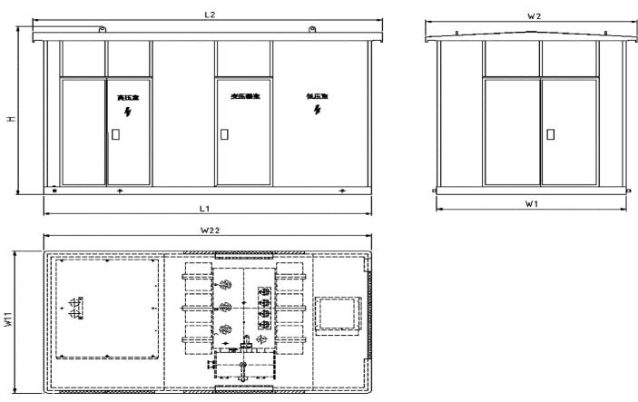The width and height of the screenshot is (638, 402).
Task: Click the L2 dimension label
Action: (x=210, y=15)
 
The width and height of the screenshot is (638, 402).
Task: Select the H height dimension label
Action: (x=10, y=119)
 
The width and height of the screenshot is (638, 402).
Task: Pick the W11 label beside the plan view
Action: (x=10, y=321)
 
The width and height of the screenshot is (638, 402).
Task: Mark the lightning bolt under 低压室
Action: (x=317, y=110)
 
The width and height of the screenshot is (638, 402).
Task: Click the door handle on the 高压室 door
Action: (x=113, y=133)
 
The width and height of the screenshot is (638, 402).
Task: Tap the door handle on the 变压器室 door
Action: (x=221, y=133)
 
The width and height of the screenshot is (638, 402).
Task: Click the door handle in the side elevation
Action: (x=550, y=133)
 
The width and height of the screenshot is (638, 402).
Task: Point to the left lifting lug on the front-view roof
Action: (x=103, y=32)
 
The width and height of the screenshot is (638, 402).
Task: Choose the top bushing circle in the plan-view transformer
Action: (x=224, y=285)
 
